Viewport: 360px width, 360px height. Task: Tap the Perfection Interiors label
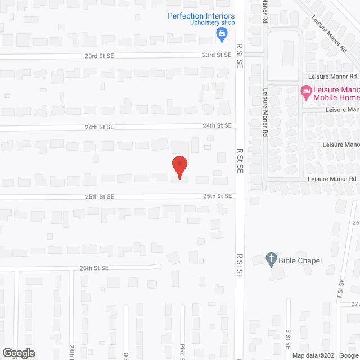tap(201, 16)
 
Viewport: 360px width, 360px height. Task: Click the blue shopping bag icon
tap(223, 35)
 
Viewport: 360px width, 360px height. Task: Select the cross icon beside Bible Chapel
tap(271, 259)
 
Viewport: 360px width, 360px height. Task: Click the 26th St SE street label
tap(93, 268)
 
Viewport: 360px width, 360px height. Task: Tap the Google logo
tap(18, 353)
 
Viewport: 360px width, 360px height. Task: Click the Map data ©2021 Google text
tap(325, 355)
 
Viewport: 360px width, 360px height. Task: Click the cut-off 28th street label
tap(72, 352)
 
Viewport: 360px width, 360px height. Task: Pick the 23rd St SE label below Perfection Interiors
tap(217, 55)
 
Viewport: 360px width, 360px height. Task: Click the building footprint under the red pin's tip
tap(179, 178)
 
